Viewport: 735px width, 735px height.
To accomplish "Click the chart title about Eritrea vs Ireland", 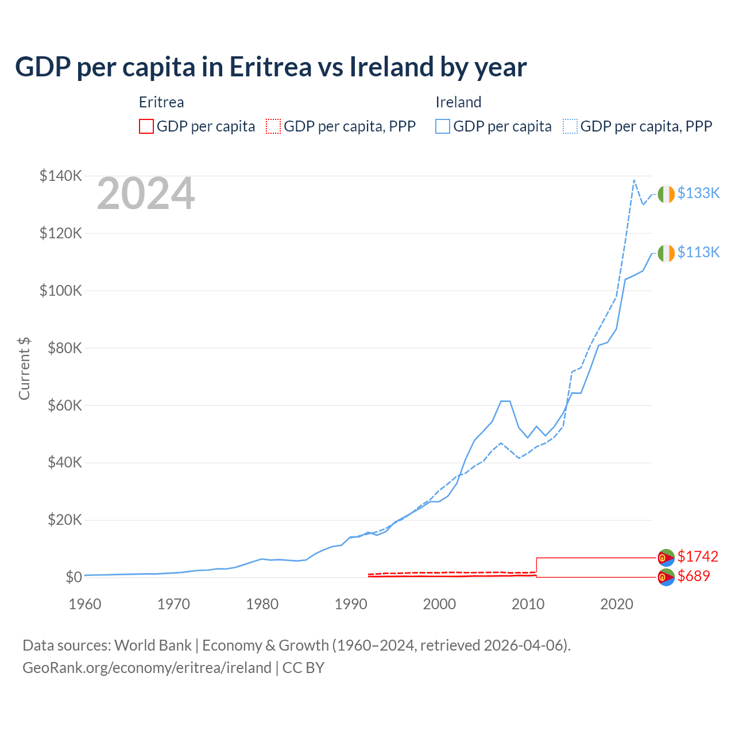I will click(270, 67).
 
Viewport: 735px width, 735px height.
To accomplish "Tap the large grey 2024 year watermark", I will click(146, 194).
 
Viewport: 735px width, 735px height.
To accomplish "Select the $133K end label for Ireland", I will click(698, 193).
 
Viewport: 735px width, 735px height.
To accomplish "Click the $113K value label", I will click(698, 252).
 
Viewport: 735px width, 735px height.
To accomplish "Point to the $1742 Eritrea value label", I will click(698, 556).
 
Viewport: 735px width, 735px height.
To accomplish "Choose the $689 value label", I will click(694, 576).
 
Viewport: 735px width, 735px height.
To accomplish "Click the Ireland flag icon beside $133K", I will click(666, 195).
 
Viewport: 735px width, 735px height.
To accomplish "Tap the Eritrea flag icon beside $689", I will click(666, 577).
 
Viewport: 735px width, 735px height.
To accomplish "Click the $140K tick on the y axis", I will click(61, 176).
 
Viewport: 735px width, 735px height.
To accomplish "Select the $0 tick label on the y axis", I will click(73, 577).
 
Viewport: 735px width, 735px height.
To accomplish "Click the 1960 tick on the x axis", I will click(85, 604).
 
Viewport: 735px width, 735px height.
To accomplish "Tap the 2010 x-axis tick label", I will click(528, 604).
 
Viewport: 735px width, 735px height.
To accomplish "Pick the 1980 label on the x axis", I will click(262, 604).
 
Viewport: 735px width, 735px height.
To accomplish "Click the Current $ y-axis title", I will click(24, 369).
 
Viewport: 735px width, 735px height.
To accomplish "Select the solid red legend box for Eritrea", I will click(146, 126).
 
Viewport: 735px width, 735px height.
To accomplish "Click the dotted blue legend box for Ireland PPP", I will click(570, 126).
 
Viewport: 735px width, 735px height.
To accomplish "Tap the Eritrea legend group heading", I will click(161, 102).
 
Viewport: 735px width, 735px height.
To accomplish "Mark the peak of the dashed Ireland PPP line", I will click(634, 180).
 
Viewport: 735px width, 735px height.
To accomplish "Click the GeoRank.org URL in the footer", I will click(147, 668).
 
